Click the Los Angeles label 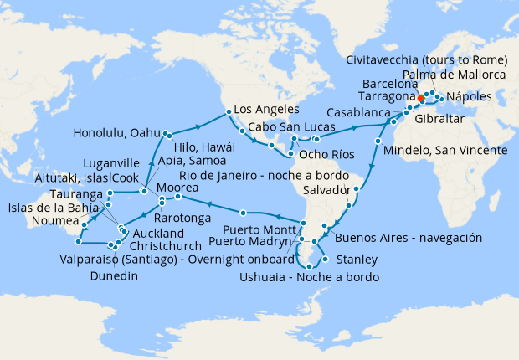[266, 110]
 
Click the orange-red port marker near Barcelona [419, 98]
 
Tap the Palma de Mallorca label [454, 75]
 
